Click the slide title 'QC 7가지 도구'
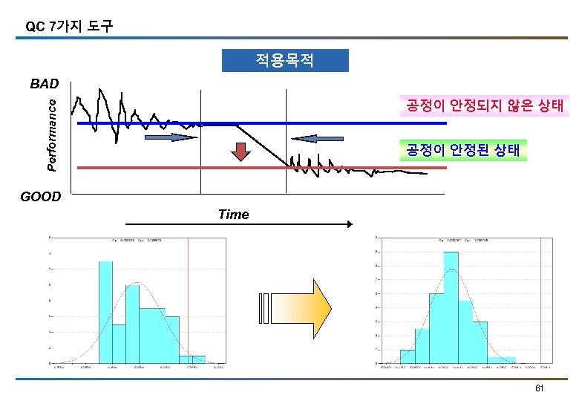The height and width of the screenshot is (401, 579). pos(69,27)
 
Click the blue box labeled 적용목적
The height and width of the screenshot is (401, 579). pos(285,60)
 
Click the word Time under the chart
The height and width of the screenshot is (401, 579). pos(233,215)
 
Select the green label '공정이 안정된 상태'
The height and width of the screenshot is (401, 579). pos(462,151)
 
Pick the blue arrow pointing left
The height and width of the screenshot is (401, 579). pos(318,137)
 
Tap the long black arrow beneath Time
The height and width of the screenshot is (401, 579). pos(238,224)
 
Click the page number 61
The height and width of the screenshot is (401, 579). pos(540,389)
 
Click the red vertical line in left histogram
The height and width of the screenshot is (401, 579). pos(189,301)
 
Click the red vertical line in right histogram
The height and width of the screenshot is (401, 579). pos(540,301)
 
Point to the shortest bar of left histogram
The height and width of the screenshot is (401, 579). pos(197,359)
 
